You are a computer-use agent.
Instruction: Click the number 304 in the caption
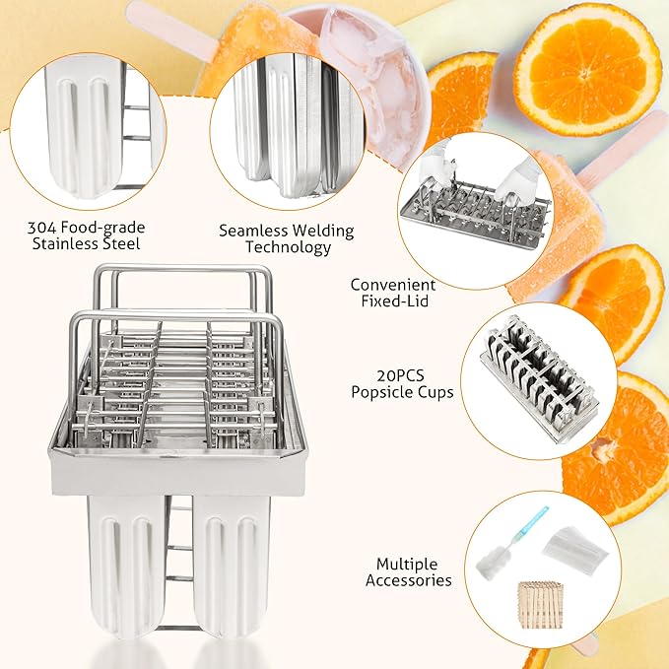pos(41,228)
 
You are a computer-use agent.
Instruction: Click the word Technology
pos(288,248)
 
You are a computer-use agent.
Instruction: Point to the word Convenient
pos(393,285)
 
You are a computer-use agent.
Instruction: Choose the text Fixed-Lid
pos(395,301)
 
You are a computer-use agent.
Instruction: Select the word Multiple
pos(407,564)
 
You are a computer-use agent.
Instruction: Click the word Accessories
pos(408,580)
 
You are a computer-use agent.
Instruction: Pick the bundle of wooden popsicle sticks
pos(541,605)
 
